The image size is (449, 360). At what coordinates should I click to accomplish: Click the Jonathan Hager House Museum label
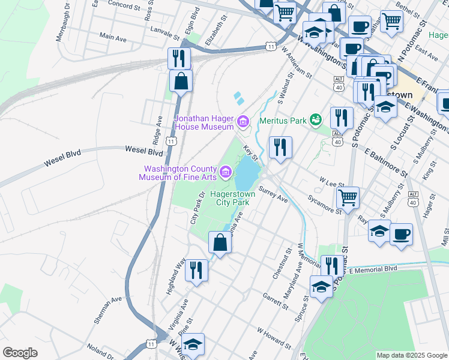(x=204, y=122)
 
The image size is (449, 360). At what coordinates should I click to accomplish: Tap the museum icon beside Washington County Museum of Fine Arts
(x=226, y=173)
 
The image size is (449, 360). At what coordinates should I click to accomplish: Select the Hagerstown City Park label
(x=232, y=199)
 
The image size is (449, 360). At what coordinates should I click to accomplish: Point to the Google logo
(x=20, y=353)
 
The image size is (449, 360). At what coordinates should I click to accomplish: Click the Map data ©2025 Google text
(x=412, y=355)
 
